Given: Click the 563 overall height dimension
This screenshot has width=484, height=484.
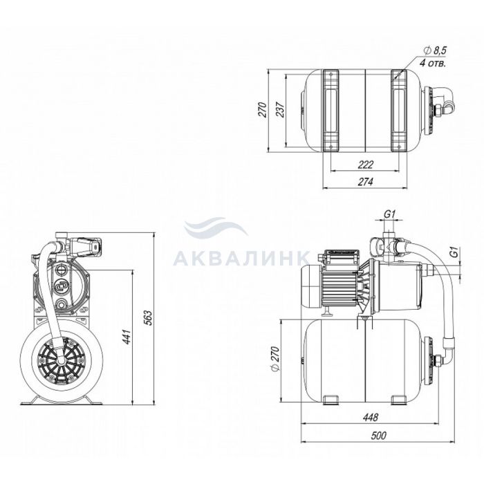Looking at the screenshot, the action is coord(149,317).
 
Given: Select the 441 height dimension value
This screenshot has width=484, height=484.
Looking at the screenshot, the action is coord(127,337).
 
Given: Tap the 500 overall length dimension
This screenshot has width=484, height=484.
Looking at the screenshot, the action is coord(378,436).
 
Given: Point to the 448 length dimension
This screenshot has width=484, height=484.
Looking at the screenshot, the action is coord(370,418).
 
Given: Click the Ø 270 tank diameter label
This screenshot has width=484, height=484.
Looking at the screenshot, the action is coord(275,359).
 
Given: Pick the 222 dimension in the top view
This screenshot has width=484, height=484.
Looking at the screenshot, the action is coord(366,165).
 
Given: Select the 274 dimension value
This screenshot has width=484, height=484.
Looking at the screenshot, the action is coord(366,181).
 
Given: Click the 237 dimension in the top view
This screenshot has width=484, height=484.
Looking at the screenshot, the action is coord(280,109).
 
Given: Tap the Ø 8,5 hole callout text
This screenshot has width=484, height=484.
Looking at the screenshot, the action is coord(435,50).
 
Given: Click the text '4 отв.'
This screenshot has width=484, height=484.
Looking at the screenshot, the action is coord(433,64).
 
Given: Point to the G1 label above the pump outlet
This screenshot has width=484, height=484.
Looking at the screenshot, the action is coord(389,214).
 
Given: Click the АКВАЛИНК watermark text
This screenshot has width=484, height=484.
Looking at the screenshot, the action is coord(241,258).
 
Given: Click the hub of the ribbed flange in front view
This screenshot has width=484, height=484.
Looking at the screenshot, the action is coord(62,360).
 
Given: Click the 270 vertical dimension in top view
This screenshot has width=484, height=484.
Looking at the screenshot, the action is coord(262,109).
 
